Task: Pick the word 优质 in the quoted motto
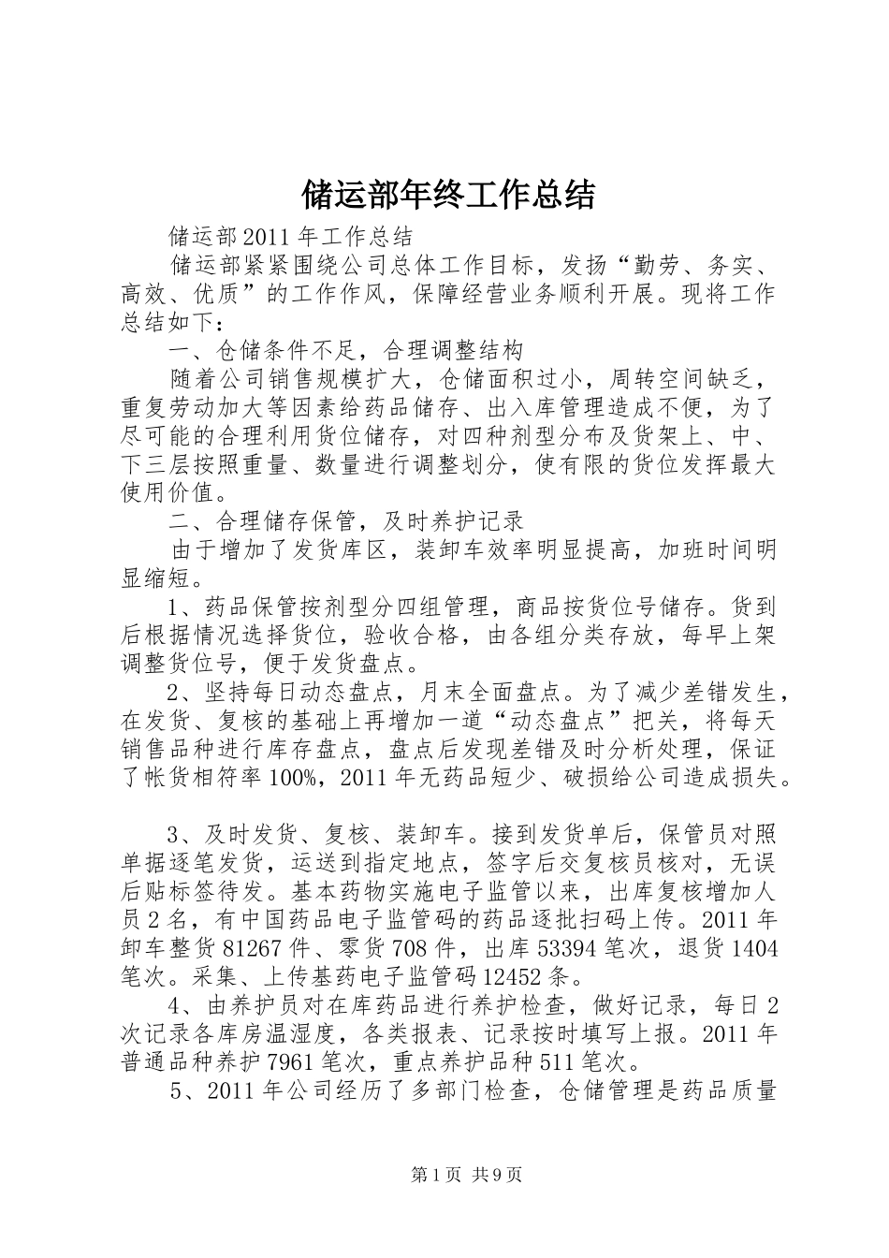(x=220, y=294)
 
